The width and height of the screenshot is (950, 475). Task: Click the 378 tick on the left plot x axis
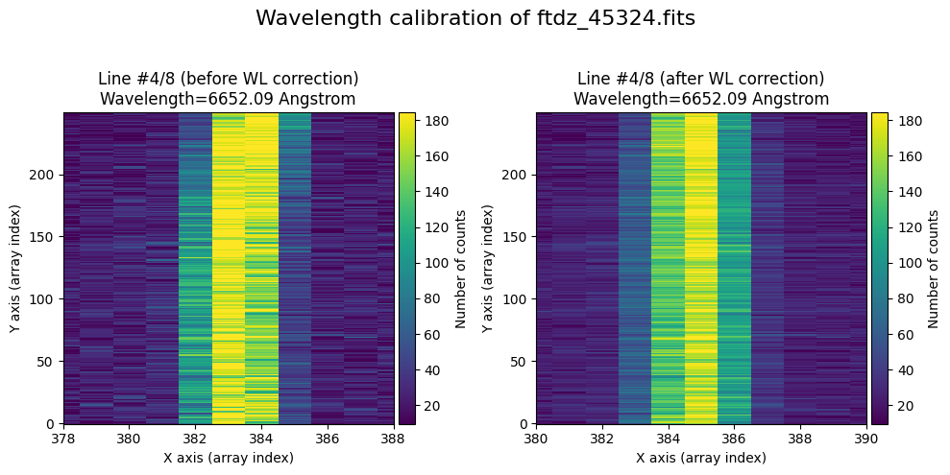click(x=64, y=439)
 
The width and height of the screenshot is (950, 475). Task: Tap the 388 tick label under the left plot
click(x=393, y=439)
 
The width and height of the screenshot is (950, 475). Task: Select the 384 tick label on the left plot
click(x=261, y=439)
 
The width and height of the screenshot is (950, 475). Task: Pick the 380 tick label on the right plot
click(x=537, y=439)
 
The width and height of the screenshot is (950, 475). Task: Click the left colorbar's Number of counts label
click(x=462, y=269)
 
